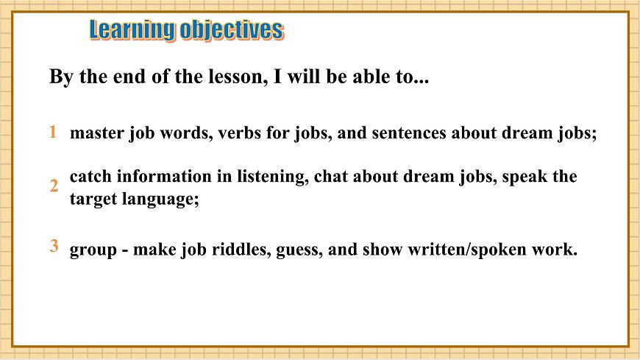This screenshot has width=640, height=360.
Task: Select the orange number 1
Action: coord(53,133)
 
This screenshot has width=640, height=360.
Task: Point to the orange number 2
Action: coord(54,186)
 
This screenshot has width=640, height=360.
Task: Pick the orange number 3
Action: coord(54,247)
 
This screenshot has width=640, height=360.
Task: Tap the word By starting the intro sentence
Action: coord(60,77)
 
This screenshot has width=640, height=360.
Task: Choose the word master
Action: coord(93,134)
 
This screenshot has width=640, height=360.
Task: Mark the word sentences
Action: coord(409,134)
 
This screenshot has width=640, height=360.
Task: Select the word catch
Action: coord(90,177)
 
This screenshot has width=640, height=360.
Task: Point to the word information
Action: coord(165,177)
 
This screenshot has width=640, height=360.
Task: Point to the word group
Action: coord(91,250)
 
